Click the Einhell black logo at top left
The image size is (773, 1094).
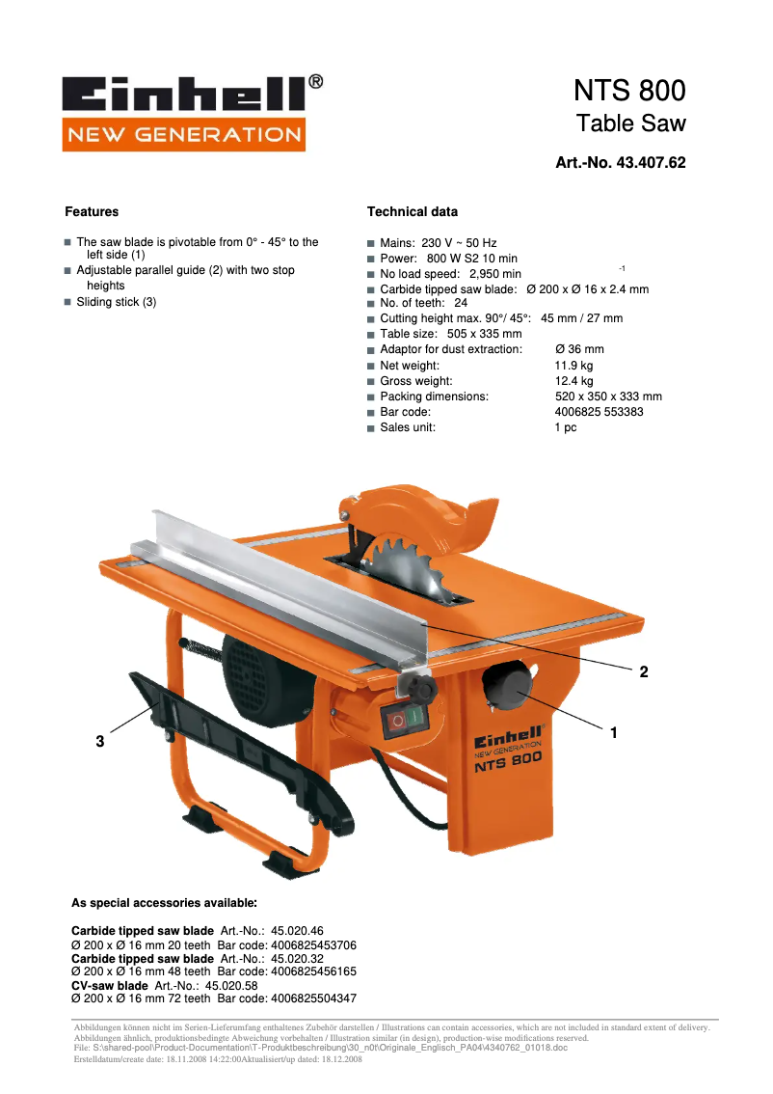pyautogui.click(x=184, y=94)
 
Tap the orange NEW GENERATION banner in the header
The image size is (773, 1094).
pyautogui.click(x=184, y=134)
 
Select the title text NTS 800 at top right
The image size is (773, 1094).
pyautogui.click(x=629, y=91)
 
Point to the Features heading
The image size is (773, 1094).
pyautogui.click(x=92, y=212)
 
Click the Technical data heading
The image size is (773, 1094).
pyautogui.click(x=413, y=212)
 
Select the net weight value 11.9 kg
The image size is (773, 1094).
pyautogui.click(x=573, y=366)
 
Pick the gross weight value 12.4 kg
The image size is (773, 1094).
pyautogui.click(x=573, y=381)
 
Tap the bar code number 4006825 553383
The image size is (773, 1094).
pyautogui.click(x=599, y=412)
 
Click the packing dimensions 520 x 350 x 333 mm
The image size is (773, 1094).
pyautogui.click(x=608, y=397)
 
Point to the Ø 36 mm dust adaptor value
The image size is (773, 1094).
pyautogui.click(x=579, y=349)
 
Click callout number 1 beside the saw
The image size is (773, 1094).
pyautogui.click(x=613, y=733)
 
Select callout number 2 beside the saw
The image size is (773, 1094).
pyautogui.click(x=643, y=672)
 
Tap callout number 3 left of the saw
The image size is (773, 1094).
pyautogui.click(x=99, y=742)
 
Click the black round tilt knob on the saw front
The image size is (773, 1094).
pyautogui.click(x=506, y=687)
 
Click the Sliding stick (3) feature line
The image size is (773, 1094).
pyautogui.click(x=116, y=302)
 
